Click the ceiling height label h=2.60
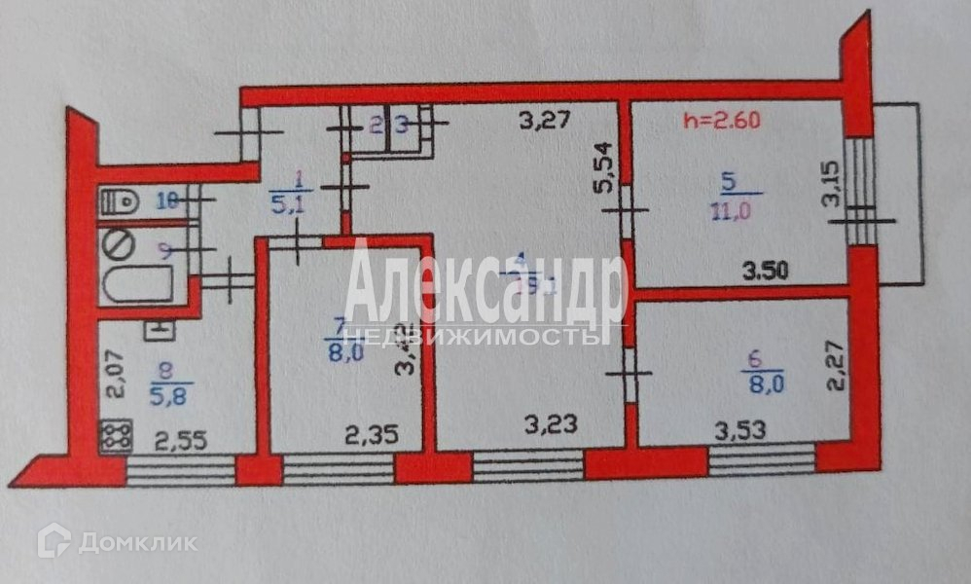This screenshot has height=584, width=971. click(x=721, y=122)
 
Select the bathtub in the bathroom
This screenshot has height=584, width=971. click(x=136, y=284)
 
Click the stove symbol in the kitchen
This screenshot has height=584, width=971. click(x=116, y=435)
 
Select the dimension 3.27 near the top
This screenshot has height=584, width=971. click(x=542, y=123)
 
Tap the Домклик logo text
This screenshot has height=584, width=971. click(x=136, y=542)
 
